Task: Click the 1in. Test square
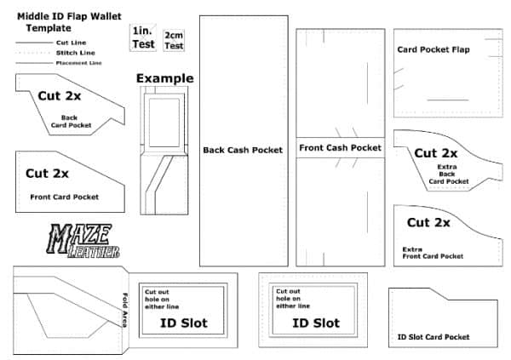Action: click(x=143, y=37)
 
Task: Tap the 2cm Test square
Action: click(x=174, y=40)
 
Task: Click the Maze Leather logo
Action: click(x=83, y=241)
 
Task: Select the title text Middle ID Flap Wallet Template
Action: click(x=69, y=22)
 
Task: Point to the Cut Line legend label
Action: click(x=71, y=43)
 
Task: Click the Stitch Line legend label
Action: click(x=75, y=53)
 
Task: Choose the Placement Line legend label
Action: click(x=79, y=63)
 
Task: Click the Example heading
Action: click(x=165, y=78)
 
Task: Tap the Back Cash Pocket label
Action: click(x=243, y=150)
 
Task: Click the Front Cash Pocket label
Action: click(x=340, y=148)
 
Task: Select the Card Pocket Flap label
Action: click(x=433, y=49)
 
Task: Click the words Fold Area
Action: click(x=125, y=310)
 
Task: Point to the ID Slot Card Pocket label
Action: click(x=433, y=337)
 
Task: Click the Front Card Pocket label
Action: click(x=64, y=197)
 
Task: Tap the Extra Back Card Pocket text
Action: click(x=449, y=174)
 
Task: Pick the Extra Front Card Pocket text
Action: click(x=433, y=253)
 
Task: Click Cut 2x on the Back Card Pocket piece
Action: click(x=60, y=96)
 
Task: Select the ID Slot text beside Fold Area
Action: click(x=184, y=323)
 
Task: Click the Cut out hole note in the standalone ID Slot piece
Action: click(x=293, y=299)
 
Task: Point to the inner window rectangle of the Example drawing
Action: click(x=164, y=123)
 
